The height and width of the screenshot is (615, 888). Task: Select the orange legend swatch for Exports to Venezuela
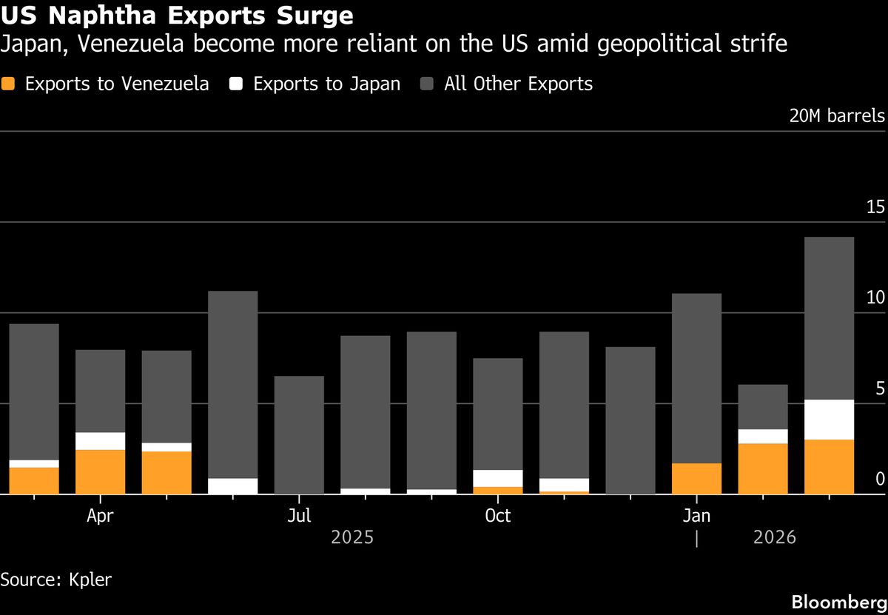coord(9,84)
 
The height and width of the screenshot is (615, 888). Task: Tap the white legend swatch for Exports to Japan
coord(236,84)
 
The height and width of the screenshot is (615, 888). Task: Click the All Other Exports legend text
coord(518,84)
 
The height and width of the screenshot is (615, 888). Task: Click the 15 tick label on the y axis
coord(875,207)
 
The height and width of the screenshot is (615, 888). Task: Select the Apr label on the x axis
coord(100,516)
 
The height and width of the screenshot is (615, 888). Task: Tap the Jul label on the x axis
coord(299,516)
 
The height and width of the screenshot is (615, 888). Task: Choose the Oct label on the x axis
coord(497,516)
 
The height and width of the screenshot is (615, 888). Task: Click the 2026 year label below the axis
coord(774,537)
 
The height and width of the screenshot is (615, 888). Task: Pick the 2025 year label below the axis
coord(352,537)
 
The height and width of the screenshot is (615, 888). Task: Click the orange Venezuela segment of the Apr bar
coord(100,471)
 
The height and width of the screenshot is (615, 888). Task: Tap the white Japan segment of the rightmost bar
coord(829,420)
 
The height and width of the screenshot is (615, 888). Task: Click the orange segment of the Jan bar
coord(696,478)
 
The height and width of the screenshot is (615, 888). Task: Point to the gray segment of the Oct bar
coord(497,414)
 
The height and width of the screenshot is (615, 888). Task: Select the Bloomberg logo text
coord(838,601)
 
